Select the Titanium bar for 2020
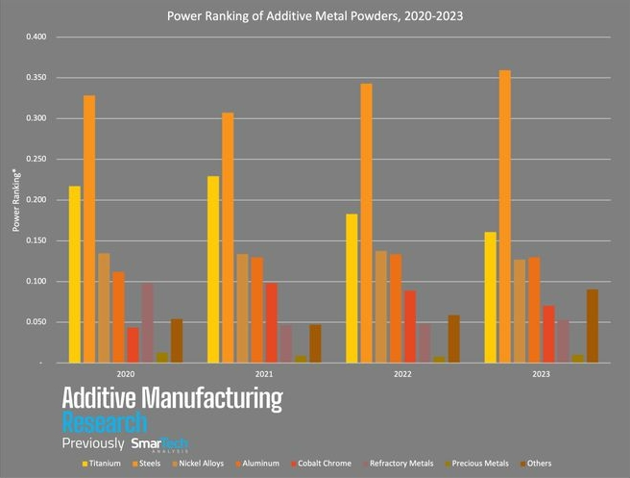tap(75, 274)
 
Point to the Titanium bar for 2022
tap(351, 288)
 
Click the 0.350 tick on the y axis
tap(35, 78)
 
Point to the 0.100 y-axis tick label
tap(35, 282)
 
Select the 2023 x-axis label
tap(541, 374)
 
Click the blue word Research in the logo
tap(105, 421)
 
